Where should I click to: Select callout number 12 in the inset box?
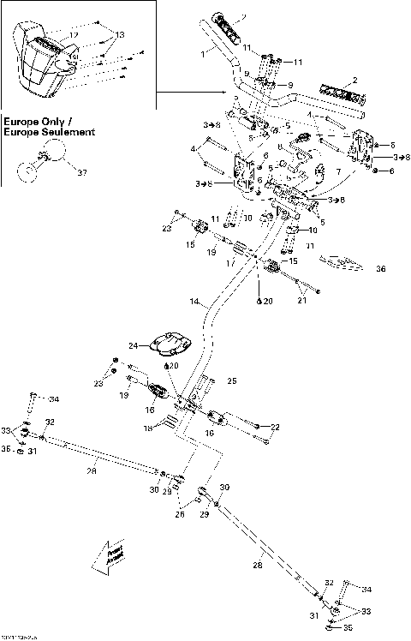tap(74, 34)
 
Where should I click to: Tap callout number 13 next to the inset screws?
tap(119, 34)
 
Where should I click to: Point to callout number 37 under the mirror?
tap(82, 173)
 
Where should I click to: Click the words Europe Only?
tap(33, 122)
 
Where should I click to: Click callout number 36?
tap(381, 267)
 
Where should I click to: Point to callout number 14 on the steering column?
tap(194, 303)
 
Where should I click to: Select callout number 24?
tap(133, 346)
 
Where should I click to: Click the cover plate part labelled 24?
tap(166, 342)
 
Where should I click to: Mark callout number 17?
tap(229, 264)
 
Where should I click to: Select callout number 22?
tap(276, 427)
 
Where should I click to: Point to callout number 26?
tap(181, 515)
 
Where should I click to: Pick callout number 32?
tap(51, 422)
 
